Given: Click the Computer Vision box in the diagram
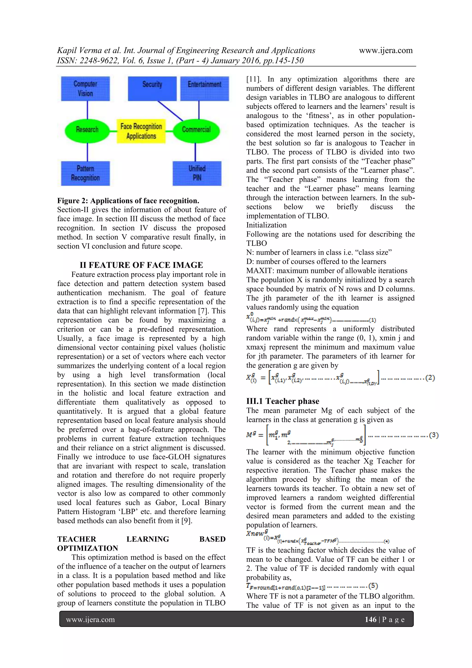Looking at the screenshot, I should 85,89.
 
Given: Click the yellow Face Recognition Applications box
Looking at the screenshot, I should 141,131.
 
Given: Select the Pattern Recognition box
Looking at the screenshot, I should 85,173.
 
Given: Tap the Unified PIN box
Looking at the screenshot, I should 197,173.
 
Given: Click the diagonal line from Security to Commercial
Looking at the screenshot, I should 170,111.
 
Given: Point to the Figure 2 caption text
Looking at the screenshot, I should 128,201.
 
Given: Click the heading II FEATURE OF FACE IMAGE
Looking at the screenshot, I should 141,265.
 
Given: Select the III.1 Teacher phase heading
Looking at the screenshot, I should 283,401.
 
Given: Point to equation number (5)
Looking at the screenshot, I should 373,586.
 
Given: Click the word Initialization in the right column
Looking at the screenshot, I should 266,225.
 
